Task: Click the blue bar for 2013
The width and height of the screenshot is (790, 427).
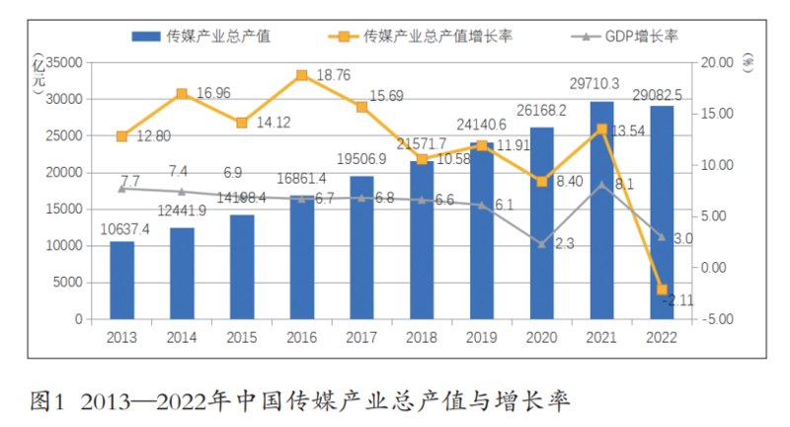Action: pos(121,280)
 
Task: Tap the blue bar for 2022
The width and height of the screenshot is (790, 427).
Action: pos(663,212)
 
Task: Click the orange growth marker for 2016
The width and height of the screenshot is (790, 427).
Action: pos(302,74)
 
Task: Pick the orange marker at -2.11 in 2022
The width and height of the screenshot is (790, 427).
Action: pos(663,290)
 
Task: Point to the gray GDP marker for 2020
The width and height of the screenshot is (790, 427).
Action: pos(542,243)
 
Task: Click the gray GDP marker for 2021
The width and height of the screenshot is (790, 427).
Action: pos(602,185)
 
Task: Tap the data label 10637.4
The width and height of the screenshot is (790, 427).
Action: pos(124,229)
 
